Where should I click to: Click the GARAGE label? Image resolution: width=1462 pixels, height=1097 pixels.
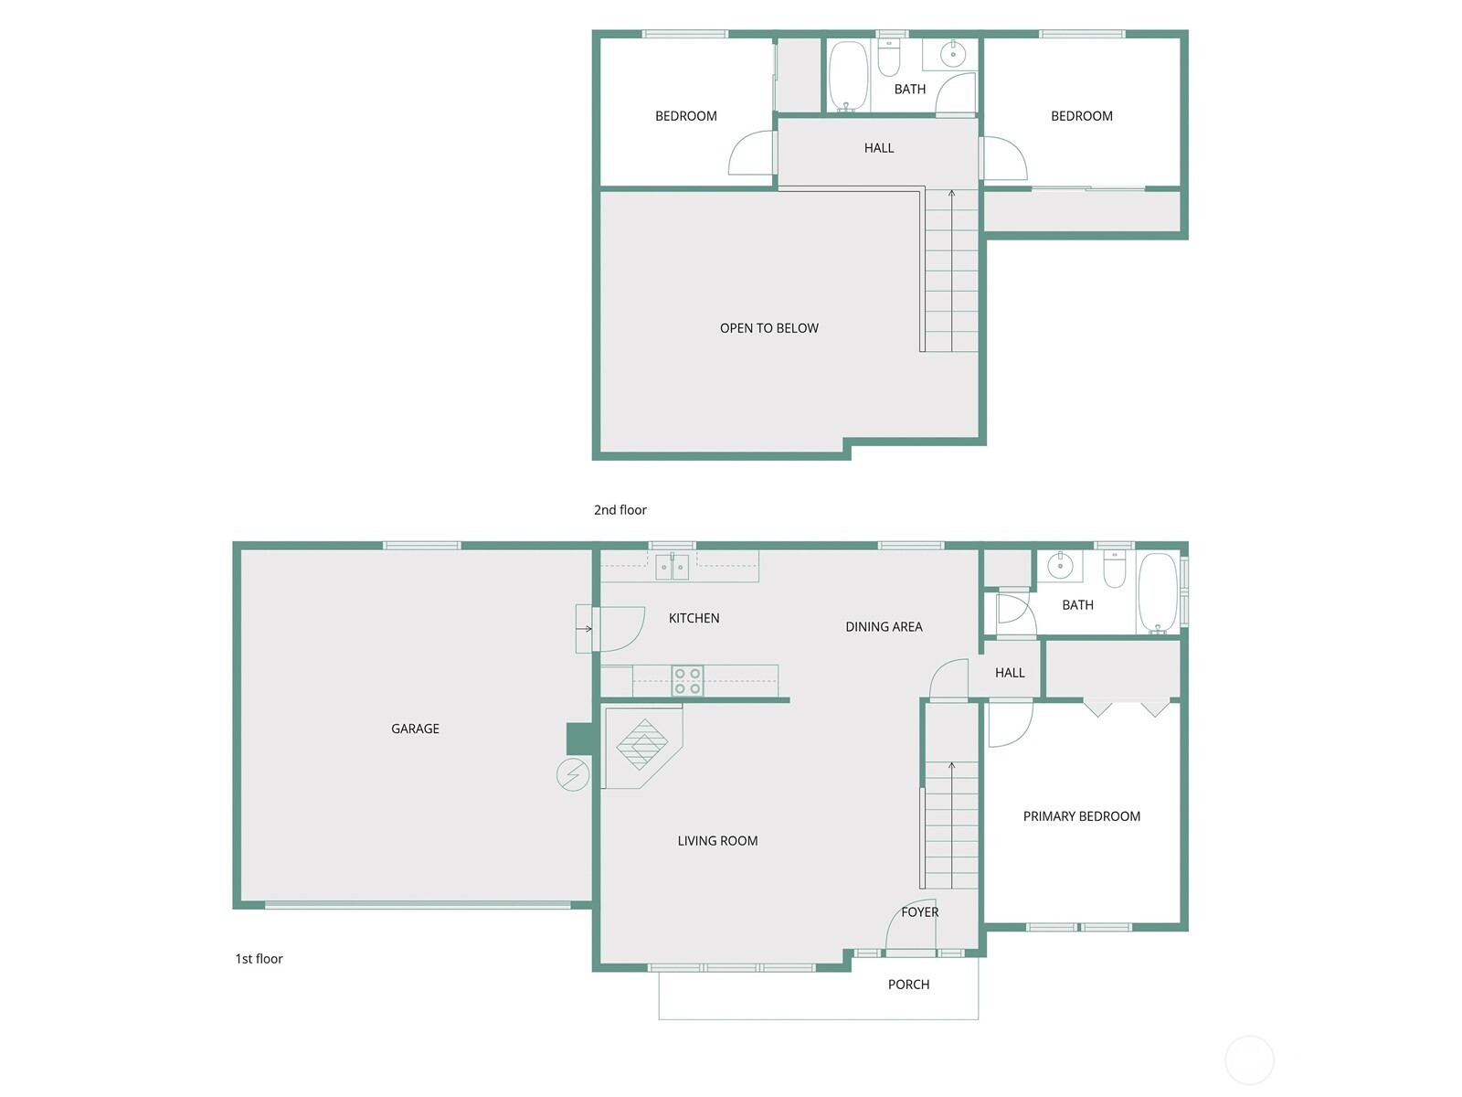pos(415,729)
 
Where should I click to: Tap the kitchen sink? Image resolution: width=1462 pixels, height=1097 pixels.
pos(672,567)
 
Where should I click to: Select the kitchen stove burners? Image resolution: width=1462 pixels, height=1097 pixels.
pos(687,681)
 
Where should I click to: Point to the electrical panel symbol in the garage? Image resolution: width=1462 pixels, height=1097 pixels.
pos(573,774)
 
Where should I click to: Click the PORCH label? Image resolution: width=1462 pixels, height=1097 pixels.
pos(908,985)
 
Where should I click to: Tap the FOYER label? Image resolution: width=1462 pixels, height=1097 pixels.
pos(920,911)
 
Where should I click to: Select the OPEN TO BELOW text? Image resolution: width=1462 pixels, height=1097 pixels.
pos(769,327)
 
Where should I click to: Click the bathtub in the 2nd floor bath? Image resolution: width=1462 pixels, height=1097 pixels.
pos(848,76)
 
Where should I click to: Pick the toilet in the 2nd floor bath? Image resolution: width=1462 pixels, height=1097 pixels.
pos(889,58)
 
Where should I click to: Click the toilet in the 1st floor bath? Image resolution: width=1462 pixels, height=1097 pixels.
pos(1114,569)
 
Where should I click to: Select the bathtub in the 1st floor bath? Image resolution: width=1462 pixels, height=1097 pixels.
pos(1159,592)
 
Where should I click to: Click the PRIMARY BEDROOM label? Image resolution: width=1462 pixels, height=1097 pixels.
pos(1082,816)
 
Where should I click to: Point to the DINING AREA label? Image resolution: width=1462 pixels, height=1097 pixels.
pos(884,627)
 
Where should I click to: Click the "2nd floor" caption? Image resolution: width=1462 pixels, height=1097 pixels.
pos(620,509)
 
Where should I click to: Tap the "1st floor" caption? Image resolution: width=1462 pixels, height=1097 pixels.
pos(260,958)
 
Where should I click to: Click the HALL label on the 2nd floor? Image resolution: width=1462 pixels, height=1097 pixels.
pos(879,148)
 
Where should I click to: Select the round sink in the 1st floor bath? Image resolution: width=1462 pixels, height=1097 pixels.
pos(1060,566)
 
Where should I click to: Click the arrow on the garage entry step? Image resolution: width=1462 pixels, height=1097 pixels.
pos(584,629)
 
